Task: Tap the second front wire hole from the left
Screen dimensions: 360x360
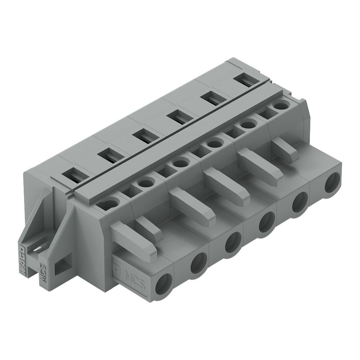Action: (x=198, y=264)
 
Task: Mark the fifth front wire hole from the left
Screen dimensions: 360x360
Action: (x=299, y=204)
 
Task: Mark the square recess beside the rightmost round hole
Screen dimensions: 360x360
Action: (x=264, y=114)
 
